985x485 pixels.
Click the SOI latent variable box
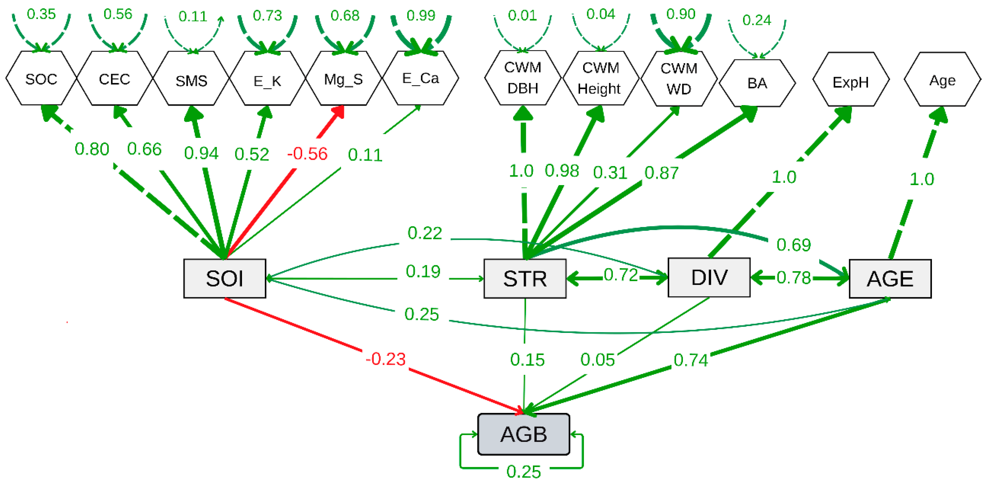pyautogui.click(x=224, y=278)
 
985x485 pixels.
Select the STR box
pyautogui.click(x=524, y=278)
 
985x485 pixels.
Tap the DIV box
pyautogui.click(x=709, y=277)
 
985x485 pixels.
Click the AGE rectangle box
pyautogui.click(x=890, y=278)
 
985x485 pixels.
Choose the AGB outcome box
pyautogui.click(x=523, y=434)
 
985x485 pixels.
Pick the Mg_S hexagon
pyautogui.click(x=343, y=79)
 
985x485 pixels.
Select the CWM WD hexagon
pyautogui.click(x=679, y=79)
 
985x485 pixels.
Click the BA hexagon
pyautogui.click(x=757, y=83)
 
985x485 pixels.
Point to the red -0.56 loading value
pyautogui.click(x=307, y=154)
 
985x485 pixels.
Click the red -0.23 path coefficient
pyautogui.click(x=385, y=359)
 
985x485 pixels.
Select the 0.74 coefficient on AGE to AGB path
pyautogui.click(x=690, y=360)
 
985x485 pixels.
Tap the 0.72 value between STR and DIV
pyautogui.click(x=621, y=275)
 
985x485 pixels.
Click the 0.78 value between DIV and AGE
pyautogui.click(x=793, y=278)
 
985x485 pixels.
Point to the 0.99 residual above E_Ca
pyautogui.click(x=421, y=15)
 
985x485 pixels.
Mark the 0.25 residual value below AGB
pyautogui.click(x=523, y=472)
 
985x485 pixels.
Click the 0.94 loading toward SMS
pyautogui.click(x=201, y=153)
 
